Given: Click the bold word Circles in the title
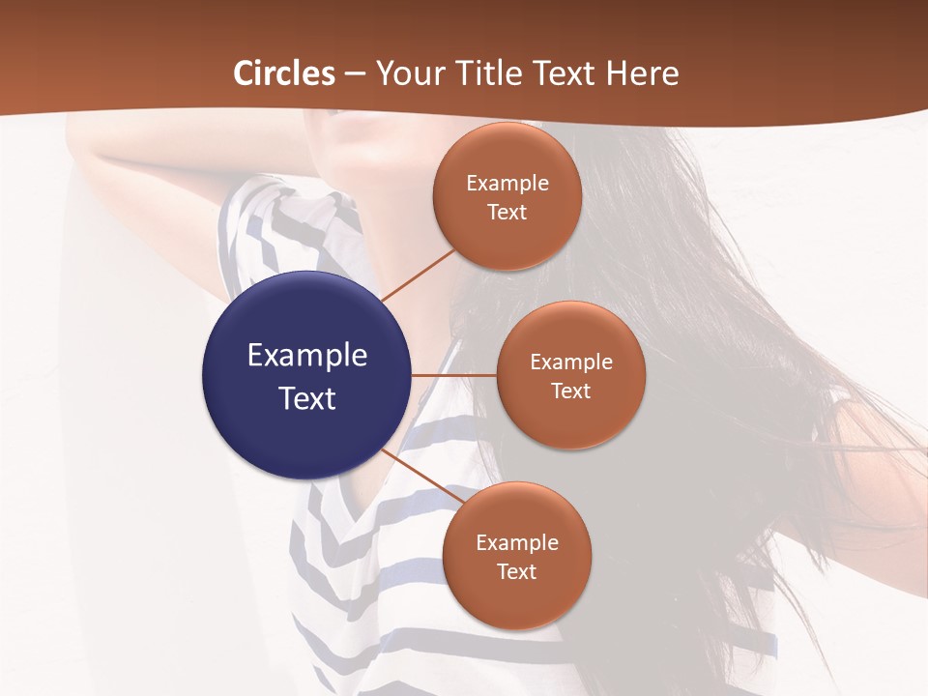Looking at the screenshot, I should point(284,73).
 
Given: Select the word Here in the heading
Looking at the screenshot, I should point(644,73).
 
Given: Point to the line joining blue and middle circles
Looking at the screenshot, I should point(454,375).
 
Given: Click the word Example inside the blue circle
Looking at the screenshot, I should point(307,356).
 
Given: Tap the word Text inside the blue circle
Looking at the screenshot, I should point(307,398).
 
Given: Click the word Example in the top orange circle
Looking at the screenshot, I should point(507,184).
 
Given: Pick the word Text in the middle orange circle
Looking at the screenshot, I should point(570,391).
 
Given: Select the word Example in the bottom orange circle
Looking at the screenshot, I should point(516,543).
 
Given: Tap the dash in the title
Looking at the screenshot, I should point(355,74).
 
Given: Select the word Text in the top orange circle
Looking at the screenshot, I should point(507,213).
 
